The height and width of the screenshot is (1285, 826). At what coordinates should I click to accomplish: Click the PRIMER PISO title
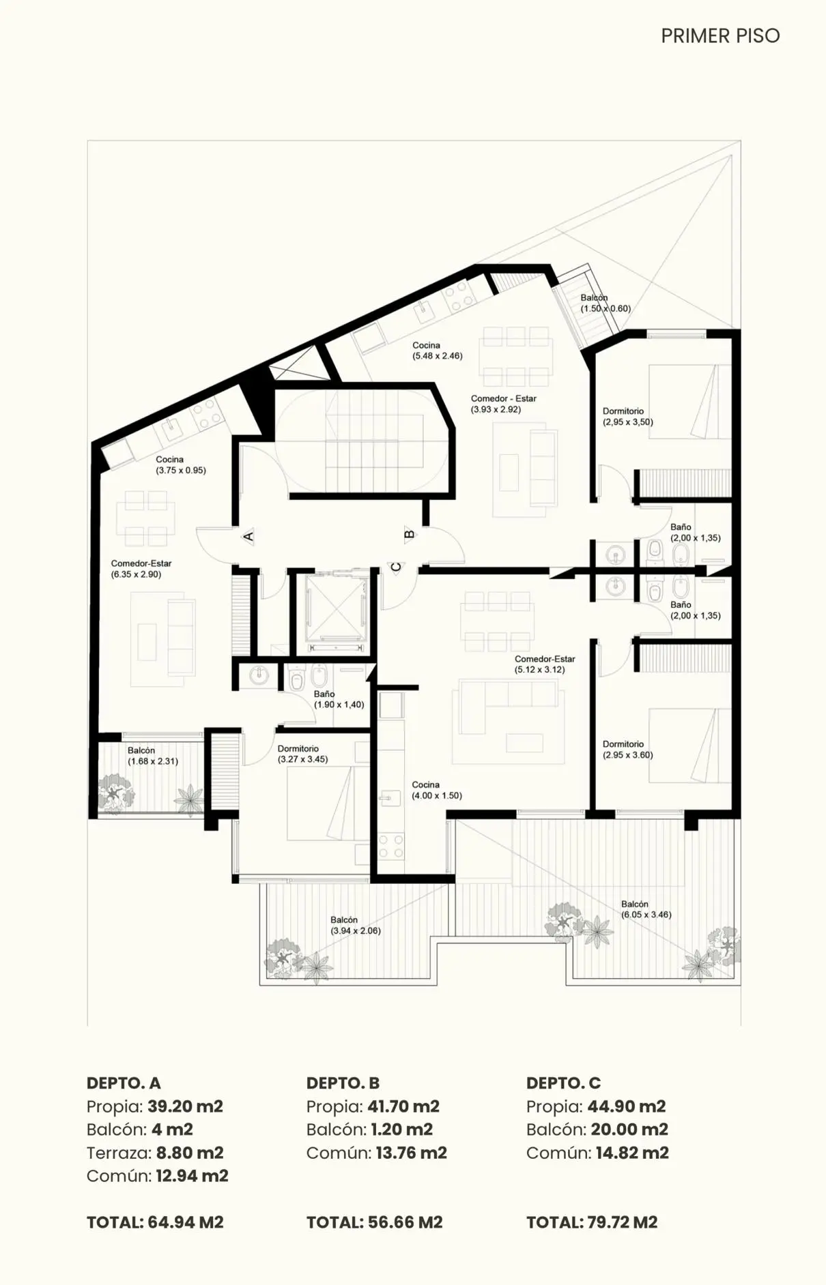[x=720, y=35]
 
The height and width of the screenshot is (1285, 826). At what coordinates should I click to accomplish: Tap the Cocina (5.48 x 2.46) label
[x=437, y=351]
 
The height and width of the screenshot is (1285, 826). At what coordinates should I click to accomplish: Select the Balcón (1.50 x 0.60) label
[x=606, y=303]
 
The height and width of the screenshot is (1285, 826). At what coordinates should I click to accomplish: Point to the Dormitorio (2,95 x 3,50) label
[x=627, y=417]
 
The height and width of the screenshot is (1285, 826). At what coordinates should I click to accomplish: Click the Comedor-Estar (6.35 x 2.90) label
[x=141, y=569]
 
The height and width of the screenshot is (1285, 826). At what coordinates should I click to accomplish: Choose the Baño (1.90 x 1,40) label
[x=339, y=699]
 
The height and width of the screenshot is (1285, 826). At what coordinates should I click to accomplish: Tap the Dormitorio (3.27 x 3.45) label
[x=302, y=754]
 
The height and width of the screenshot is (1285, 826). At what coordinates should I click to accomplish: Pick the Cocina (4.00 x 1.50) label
[x=436, y=790]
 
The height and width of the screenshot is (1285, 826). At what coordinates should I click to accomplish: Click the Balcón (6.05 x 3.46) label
[x=646, y=909]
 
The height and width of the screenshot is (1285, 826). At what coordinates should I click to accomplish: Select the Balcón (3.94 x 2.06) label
[x=355, y=925]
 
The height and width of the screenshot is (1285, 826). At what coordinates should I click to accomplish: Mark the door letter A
[x=248, y=536]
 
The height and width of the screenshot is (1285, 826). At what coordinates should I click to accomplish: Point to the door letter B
[x=410, y=534]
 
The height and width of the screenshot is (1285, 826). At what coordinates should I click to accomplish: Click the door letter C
[x=395, y=566]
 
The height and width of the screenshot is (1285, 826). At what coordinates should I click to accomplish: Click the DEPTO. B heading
[x=343, y=1083]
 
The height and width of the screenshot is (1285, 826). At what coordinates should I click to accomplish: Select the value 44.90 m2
[x=627, y=1106]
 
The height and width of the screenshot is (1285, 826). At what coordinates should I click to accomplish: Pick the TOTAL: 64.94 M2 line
[x=155, y=1222]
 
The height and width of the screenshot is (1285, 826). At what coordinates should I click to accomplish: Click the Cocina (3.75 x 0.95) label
[x=180, y=464]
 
